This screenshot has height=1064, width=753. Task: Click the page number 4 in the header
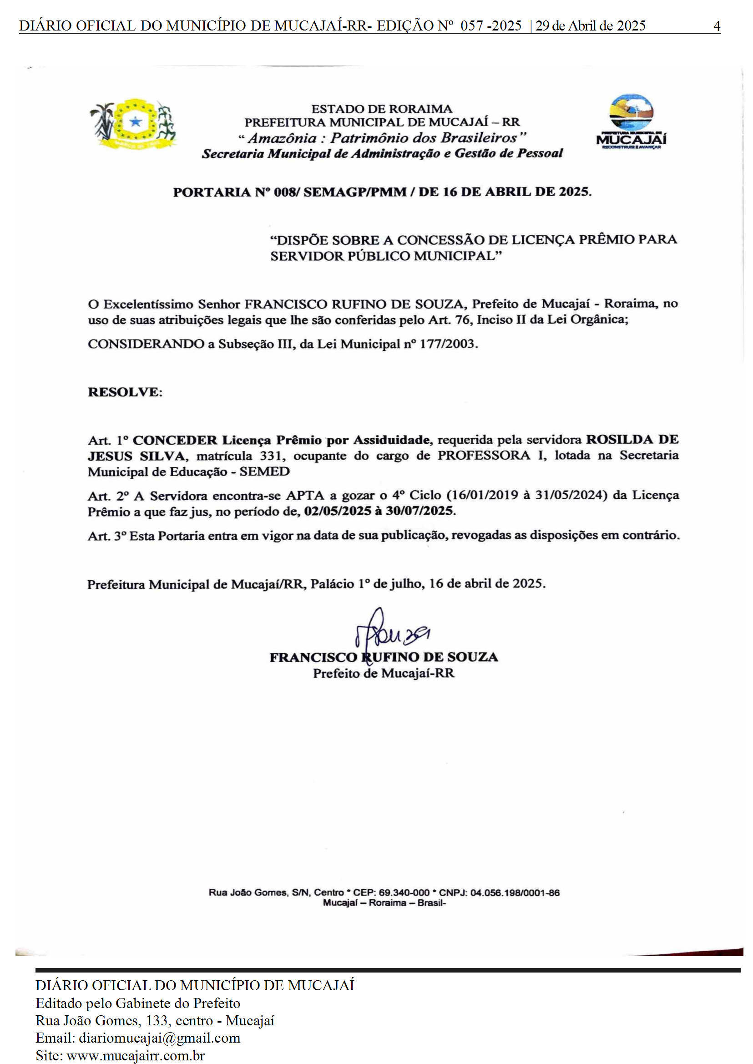tap(716, 26)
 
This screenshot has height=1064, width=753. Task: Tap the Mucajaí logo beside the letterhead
tap(631, 122)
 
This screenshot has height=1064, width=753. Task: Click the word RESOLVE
tap(124, 392)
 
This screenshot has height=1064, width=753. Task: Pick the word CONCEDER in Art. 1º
tap(175, 440)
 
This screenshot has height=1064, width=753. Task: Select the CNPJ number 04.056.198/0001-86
tap(515, 893)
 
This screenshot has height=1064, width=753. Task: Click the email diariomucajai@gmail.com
tap(160, 1038)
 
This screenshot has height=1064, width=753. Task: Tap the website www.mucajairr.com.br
tap(136, 1056)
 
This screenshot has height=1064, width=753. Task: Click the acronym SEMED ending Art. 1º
tap(264, 472)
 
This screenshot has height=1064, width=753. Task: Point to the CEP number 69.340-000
tap(404, 893)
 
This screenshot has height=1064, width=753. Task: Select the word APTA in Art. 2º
tap(305, 495)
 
